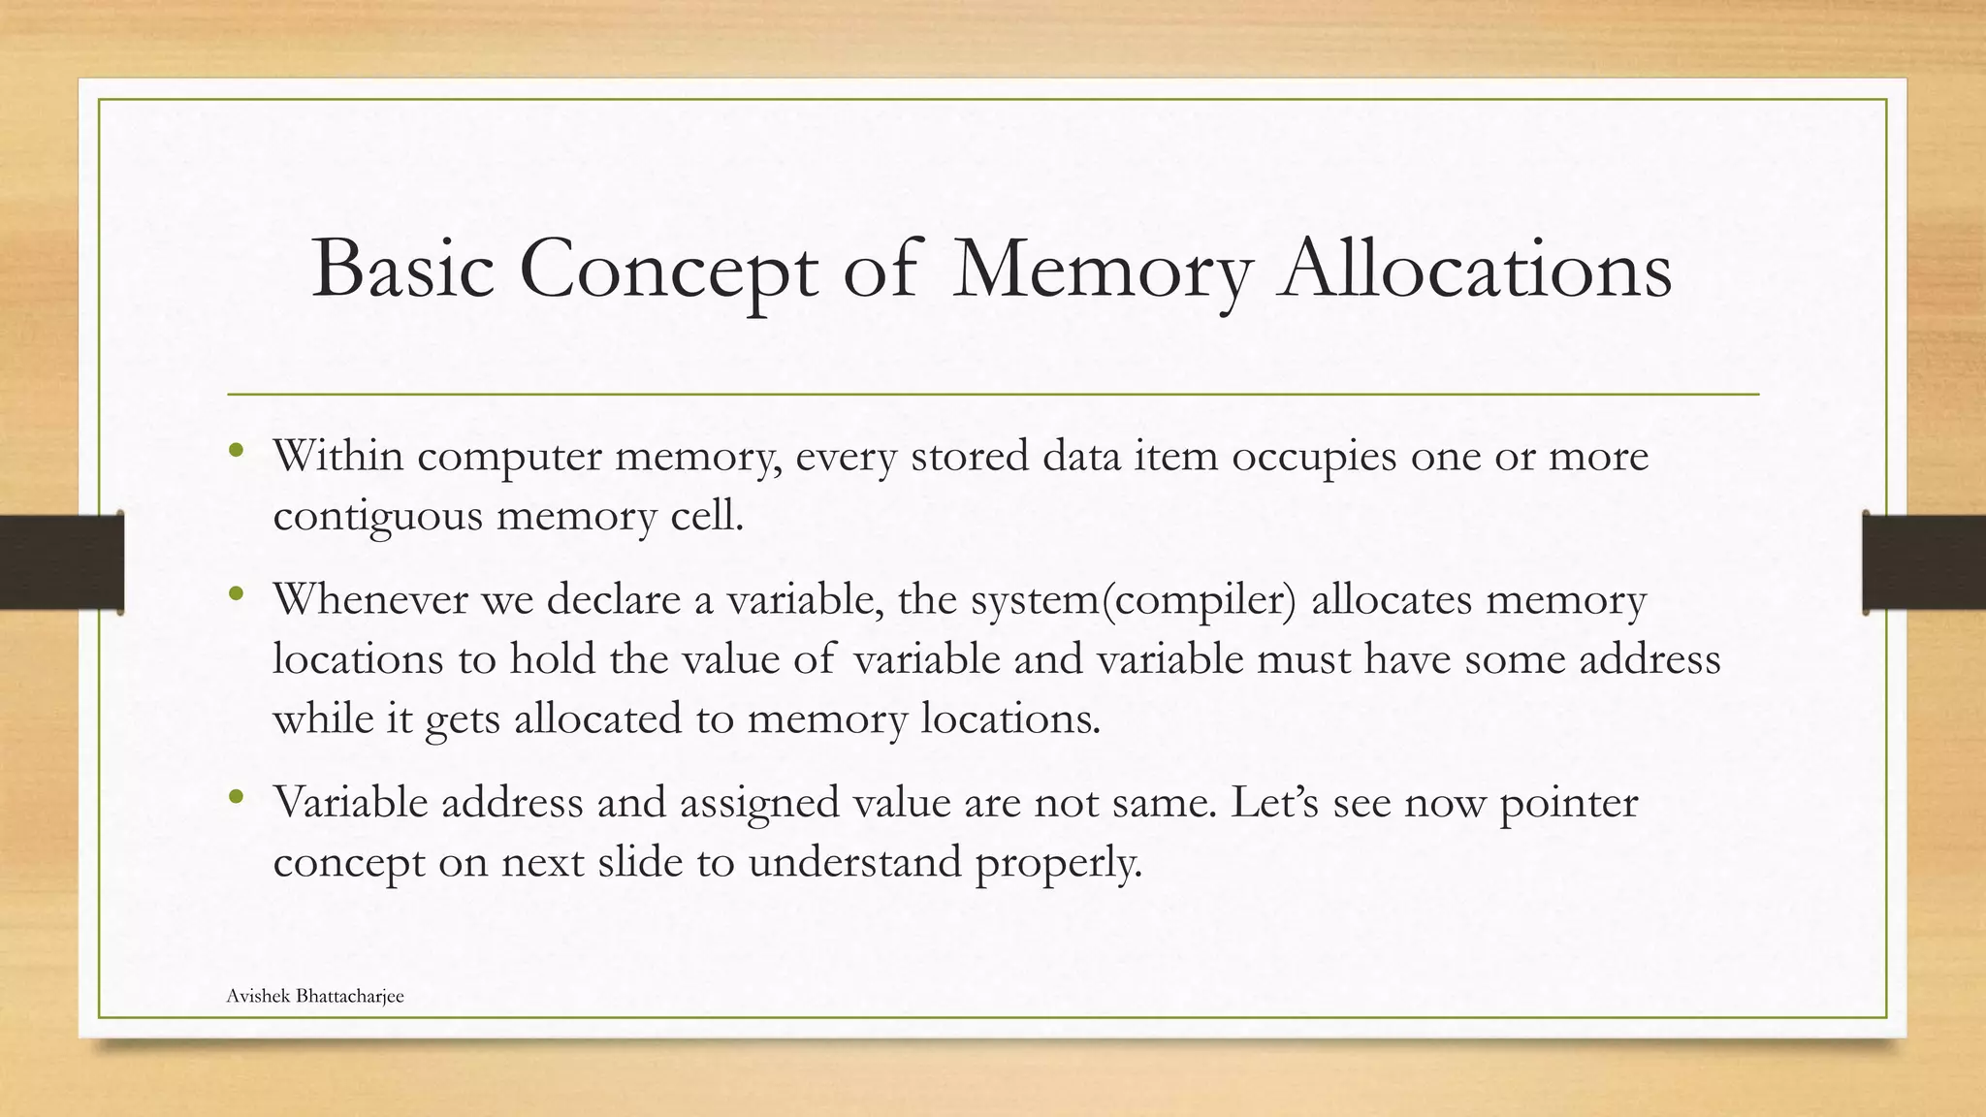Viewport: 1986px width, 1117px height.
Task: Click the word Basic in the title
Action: pyautogui.click(x=403, y=269)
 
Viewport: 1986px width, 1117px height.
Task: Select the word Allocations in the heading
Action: pyautogui.click(x=1474, y=269)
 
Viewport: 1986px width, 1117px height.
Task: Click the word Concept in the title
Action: pyautogui.click(x=668, y=269)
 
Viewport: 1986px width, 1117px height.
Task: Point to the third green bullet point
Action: pyautogui.click(x=236, y=797)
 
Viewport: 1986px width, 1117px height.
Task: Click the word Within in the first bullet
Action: pyautogui.click(x=337, y=456)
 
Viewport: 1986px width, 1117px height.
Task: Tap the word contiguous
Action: pyautogui.click(x=377, y=516)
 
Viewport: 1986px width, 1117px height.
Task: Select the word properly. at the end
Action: pyautogui.click(x=1059, y=862)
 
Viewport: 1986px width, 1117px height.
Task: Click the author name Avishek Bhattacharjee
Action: pyautogui.click(x=315, y=996)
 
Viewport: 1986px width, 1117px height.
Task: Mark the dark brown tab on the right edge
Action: pyautogui.click(x=1924, y=562)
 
